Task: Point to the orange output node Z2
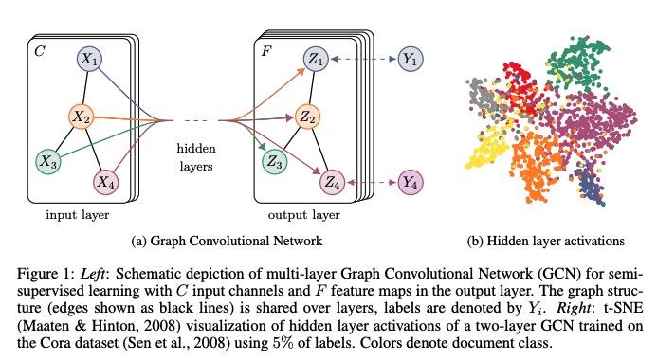(306, 116)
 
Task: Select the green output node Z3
(276, 162)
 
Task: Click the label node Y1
(411, 60)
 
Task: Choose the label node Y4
(411, 178)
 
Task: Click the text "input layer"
(80, 215)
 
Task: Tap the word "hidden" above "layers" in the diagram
(195, 148)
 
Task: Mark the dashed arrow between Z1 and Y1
(366, 60)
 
